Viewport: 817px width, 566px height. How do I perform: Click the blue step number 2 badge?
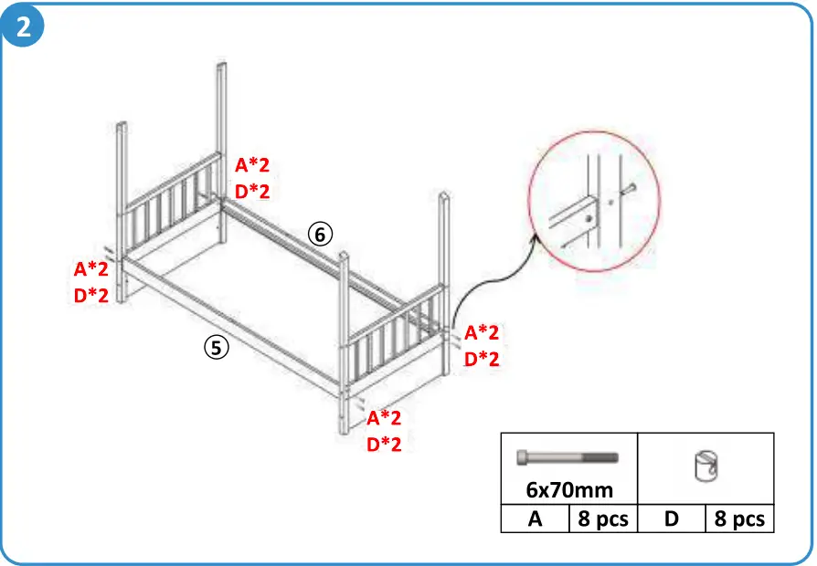click(24, 26)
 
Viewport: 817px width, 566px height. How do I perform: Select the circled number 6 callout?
click(319, 235)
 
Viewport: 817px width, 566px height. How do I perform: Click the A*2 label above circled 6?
click(252, 165)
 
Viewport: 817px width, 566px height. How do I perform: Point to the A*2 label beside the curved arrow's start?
click(482, 332)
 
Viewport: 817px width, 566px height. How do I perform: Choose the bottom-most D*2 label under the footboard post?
click(384, 445)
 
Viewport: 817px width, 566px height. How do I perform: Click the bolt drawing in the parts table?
click(568, 457)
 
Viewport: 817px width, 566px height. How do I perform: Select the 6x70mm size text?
click(568, 490)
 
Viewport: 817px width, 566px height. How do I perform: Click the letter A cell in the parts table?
click(535, 519)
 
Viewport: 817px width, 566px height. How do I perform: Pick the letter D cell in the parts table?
click(671, 519)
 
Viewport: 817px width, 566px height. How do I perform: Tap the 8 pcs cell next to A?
click(602, 519)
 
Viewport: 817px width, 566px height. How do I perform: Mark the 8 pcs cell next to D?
click(738, 519)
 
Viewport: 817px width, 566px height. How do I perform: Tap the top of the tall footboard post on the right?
click(443, 195)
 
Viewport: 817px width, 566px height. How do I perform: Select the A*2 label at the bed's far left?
click(91, 269)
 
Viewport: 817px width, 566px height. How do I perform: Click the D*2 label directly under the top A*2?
click(252, 191)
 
